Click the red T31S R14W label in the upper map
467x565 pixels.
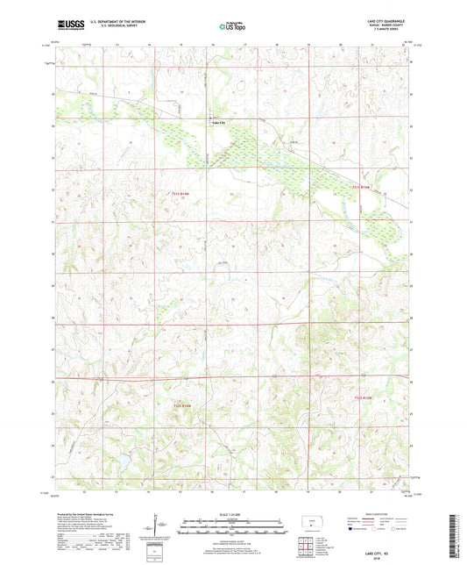coord(180,194)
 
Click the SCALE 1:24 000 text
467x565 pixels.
coord(233,514)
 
